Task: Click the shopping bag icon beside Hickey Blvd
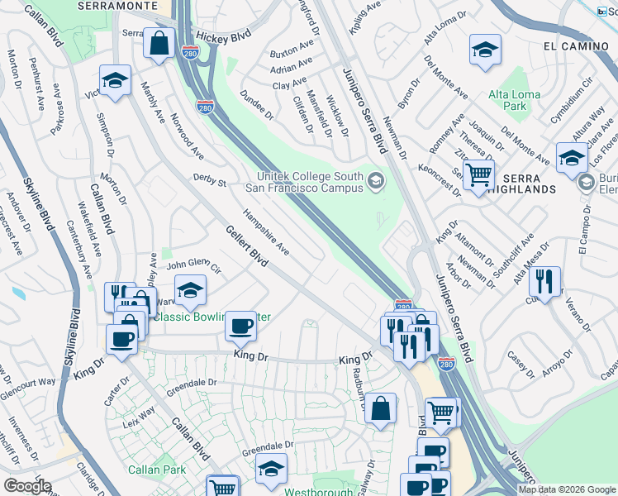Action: [x=159, y=44]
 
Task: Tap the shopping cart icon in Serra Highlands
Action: [x=478, y=176]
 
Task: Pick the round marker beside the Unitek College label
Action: [x=376, y=181]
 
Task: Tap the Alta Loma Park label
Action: [x=514, y=100]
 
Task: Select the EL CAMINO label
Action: [x=579, y=46]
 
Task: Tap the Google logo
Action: [x=26, y=486]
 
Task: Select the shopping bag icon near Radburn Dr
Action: [x=380, y=408]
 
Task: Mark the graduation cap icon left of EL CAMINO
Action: [x=485, y=50]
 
